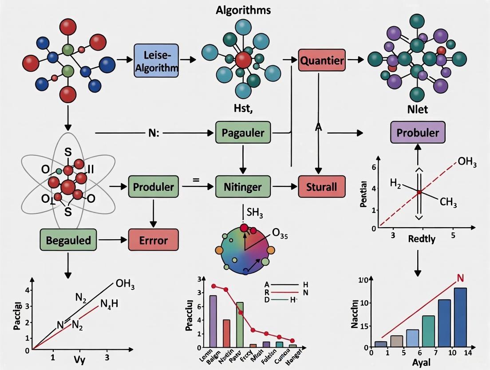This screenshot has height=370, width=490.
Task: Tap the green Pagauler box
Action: coord(243,133)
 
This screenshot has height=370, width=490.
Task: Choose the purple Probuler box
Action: coord(418,133)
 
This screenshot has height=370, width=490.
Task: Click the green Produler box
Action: coord(154,186)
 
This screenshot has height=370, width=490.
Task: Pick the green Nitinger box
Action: coord(242,186)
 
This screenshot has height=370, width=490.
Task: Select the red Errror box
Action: coord(154,241)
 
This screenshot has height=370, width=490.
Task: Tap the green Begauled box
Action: coord(68,241)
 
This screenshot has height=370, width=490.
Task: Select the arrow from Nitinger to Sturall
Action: coord(285,186)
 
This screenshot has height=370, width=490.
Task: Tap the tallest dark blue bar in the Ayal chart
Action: coord(460,317)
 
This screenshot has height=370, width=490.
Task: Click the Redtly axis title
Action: coord(421,239)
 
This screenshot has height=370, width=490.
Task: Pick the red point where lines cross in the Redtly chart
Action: coord(419,192)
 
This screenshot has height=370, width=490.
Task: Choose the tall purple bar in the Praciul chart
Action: coord(213,321)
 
